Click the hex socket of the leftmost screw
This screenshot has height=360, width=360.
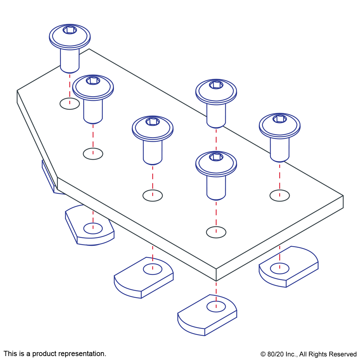tap(70, 30)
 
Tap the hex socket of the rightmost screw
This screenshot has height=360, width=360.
tap(279, 119)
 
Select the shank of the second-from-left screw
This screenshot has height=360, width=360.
tap(93, 111)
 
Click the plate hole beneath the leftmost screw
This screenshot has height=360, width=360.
tap(70, 104)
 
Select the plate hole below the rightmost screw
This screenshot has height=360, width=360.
tap(279, 196)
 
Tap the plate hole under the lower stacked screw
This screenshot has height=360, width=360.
tap(216, 232)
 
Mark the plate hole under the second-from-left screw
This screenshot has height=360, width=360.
tap(93, 154)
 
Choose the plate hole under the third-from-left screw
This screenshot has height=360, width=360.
tap(153, 196)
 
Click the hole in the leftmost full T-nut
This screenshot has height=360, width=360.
tap(93, 228)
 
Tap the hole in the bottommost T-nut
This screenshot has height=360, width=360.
tap(216, 307)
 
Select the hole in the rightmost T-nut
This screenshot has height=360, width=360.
tap(279, 268)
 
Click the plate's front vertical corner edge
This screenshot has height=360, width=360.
tap(216, 275)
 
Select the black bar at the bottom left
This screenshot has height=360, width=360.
tap(55, 354)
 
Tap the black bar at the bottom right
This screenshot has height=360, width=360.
tap(308, 355)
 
